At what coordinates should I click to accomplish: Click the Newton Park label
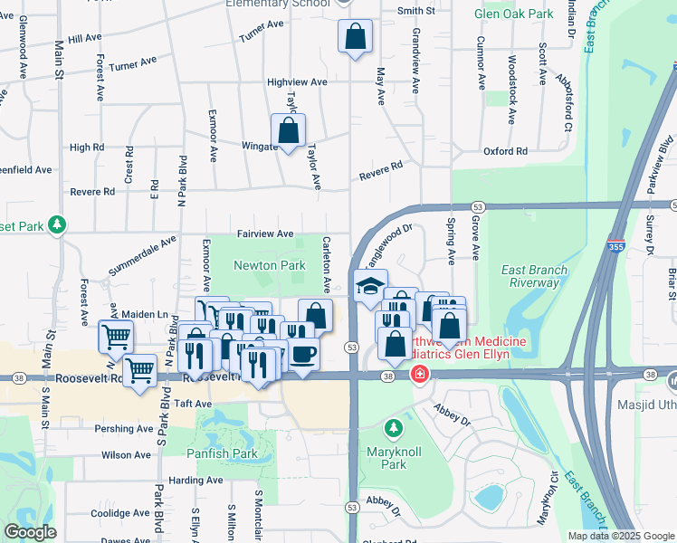269,265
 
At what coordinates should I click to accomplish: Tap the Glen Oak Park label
514,14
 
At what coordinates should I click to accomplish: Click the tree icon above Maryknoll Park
393,426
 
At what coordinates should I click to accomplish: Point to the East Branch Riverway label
535,276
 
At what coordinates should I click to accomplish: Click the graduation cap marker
368,287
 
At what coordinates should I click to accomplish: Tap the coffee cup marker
303,352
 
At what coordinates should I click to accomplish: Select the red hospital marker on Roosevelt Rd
419,374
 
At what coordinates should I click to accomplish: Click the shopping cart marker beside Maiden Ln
116,337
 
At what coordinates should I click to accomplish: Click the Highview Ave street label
297,81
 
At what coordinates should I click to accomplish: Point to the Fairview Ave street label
265,233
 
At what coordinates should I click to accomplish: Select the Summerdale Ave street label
142,257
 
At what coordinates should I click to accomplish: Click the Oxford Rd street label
504,151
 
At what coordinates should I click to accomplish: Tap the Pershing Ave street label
129,428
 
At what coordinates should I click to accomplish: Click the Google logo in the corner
30,531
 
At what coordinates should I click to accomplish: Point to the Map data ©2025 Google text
620,536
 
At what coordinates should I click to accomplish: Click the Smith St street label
416,11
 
